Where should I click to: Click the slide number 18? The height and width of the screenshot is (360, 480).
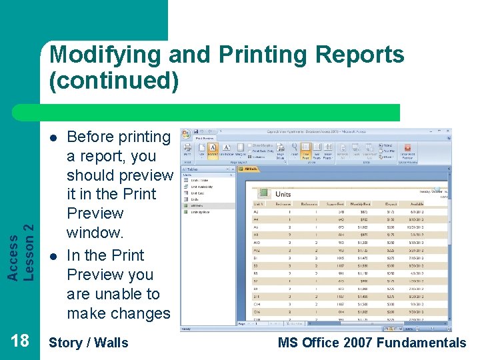20,341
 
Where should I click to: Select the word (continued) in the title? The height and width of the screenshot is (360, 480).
114,81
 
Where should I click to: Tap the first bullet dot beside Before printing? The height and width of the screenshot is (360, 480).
53,137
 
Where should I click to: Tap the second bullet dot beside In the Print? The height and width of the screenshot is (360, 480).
53,256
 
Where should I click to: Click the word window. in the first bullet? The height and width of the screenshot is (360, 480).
95,233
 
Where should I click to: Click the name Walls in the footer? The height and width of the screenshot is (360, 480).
111,343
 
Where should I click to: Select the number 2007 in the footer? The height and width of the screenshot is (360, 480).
355,343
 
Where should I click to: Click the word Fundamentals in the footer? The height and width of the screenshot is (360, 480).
421,343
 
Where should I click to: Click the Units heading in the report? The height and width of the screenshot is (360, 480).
283,194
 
